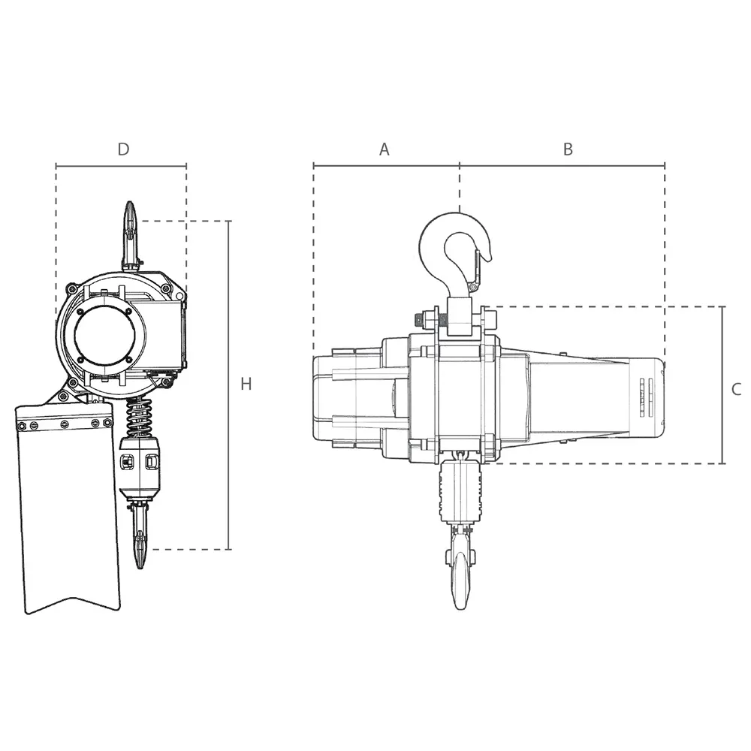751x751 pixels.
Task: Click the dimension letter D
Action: click(123, 149)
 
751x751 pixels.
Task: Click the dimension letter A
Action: click(384, 149)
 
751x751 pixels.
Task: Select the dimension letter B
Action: click(568, 149)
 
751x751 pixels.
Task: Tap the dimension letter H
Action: click(246, 384)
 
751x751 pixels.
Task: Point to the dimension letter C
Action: click(736, 389)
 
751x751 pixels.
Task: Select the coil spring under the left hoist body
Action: click(139, 417)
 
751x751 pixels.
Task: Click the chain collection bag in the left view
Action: click(67, 508)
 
